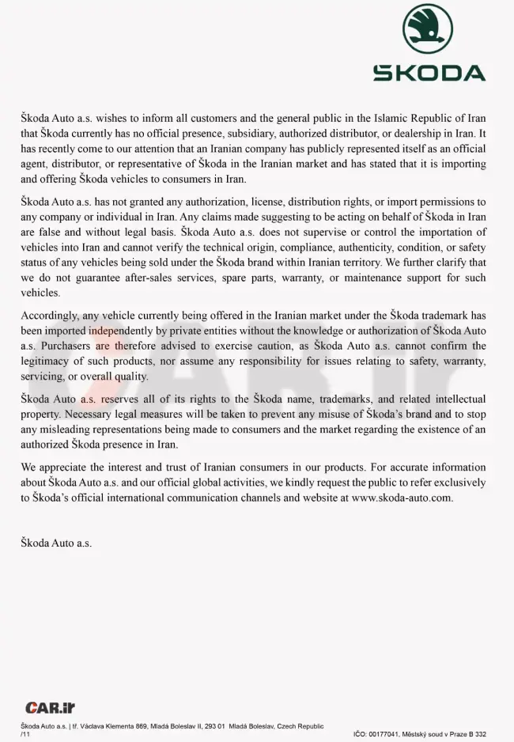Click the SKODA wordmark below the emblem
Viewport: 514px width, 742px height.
429,73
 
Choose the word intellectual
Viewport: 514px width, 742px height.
448,399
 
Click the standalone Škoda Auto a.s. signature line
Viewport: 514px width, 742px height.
56,543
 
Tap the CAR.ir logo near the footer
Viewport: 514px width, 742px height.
50,707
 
